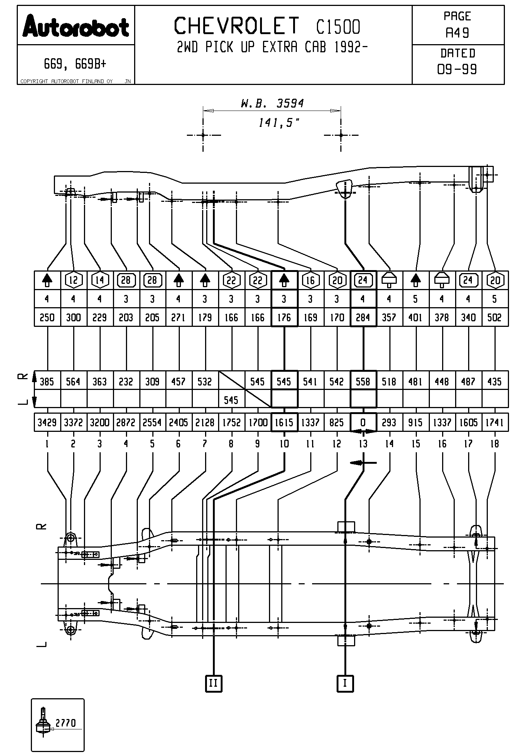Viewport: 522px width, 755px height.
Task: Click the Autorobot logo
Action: [76, 26]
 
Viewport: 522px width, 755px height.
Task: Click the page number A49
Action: [457, 33]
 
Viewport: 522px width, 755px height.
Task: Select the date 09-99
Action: [457, 69]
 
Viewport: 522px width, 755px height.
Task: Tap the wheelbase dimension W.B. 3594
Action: [272, 103]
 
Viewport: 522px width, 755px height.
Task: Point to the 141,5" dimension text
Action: [279, 122]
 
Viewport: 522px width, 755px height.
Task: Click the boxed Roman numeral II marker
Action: [214, 683]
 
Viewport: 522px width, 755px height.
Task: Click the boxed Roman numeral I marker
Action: [345, 683]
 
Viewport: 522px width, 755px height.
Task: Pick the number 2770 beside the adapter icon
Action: [65, 723]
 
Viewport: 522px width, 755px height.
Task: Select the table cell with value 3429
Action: [47, 423]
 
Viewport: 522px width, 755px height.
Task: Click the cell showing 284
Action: [363, 318]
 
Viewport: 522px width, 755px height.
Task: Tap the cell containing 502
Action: [495, 318]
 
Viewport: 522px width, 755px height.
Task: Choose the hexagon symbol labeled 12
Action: [74, 280]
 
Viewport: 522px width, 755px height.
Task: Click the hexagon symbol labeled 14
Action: [100, 280]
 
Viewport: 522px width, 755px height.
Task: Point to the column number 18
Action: [495, 444]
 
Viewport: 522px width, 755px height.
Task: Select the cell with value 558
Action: [363, 382]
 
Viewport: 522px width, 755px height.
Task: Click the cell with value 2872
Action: [126, 423]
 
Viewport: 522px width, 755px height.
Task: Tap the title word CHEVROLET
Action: [237, 26]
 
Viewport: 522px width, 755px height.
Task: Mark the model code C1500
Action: [338, 27]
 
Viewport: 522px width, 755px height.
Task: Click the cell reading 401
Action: [415, 318]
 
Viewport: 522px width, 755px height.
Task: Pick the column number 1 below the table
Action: [47, 444]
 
